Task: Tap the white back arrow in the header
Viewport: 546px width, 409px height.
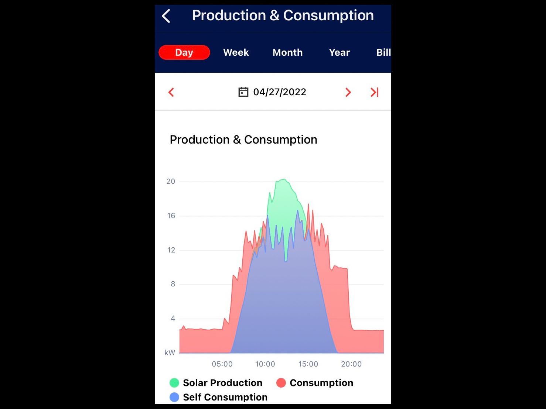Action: [x=166, y=16]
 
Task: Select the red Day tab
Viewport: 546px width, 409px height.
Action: [x=184, y=52]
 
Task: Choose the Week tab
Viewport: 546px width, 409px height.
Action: [x=236, y=52]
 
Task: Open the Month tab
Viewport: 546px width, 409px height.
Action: [x=287, y=52]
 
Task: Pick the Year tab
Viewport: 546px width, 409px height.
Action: [x=339, y=52]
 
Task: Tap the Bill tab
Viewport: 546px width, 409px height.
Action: [x=383, y=52]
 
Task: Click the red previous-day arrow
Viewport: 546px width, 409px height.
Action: [x=171, y=92]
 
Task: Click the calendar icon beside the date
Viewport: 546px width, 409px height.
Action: [x=243, y=92]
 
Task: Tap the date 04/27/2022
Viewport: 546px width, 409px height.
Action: [x=280, y=92]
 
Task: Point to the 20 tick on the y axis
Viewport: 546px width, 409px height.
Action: [x=171, y=181]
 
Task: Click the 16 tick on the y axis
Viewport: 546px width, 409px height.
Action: [x=171, y=216]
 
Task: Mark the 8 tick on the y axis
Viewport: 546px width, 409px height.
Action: [x=173, y=284]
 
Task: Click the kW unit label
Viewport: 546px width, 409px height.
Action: [x=170, y=353]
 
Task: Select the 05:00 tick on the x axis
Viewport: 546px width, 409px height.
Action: [x=222, y=364]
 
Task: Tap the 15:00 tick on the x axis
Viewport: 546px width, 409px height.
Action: [x=308, y=364]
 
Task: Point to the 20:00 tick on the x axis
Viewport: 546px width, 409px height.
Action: [x=351, y=364]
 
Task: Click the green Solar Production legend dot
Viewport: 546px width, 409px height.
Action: [x=174, y=383]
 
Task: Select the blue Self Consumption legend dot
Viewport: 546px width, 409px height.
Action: [x=174, y=397]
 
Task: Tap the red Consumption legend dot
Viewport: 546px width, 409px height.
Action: [x=281, y=383]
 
